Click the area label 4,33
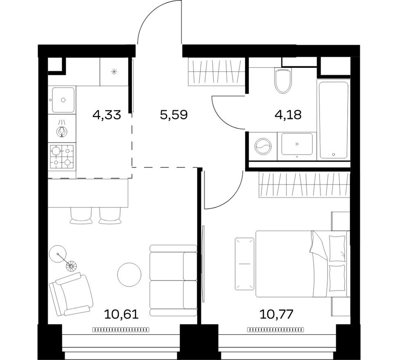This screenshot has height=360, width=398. (106, 115)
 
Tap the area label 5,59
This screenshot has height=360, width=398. (173, 115)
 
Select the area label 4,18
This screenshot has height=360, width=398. (288, 115)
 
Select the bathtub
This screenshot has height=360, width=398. (333, 119)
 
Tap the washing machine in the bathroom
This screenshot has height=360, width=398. (262, 146)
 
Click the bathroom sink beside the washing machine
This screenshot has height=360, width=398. (297, 144)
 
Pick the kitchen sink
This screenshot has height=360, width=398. (62, 99)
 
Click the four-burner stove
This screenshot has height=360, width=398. (62, 157)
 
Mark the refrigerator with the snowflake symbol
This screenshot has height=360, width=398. (114, 72)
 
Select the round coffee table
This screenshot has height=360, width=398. (129, 274)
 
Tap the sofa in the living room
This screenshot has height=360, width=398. (173, 280)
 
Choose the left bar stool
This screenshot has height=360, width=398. (81, 216)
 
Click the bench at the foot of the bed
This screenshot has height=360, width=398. (245, 264)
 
